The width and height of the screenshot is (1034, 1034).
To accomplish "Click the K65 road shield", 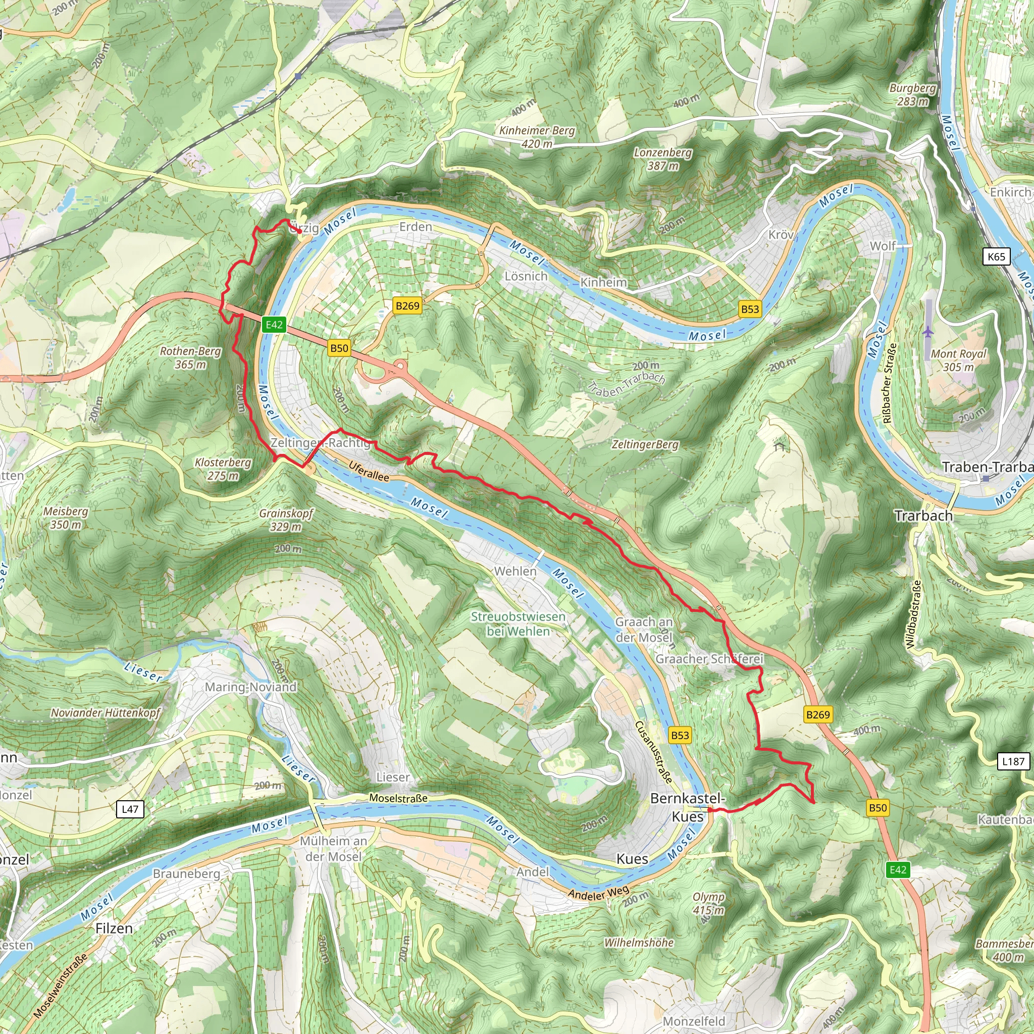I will [996, 256].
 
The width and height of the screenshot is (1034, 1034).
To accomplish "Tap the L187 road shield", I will [1013, 761].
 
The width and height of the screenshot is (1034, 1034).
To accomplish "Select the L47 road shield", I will [130, 809].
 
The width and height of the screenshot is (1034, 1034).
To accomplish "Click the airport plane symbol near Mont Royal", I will [928, 332].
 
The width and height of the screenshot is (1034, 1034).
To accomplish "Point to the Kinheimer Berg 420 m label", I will [537, 137].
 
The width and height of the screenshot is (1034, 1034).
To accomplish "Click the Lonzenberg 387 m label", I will [662, 159].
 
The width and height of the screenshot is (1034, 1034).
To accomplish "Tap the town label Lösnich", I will [526, 276].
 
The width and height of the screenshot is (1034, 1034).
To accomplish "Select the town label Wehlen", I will [515, 571].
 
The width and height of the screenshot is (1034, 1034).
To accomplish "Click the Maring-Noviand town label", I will [250, 687].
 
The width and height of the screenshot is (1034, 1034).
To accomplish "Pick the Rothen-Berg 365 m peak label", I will [190, 357].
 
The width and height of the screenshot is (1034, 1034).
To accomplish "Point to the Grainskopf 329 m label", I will [286, 520].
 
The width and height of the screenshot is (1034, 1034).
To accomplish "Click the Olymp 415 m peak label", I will [708, 903].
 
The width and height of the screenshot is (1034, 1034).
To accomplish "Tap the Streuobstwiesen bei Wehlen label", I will [518, 624].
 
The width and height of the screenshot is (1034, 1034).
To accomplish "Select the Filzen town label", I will [114, 928].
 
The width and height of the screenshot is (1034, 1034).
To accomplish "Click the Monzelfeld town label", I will [694, 1021].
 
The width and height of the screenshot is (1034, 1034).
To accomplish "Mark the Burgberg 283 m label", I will [912, 94].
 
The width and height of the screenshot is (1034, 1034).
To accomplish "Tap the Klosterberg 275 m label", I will [223, 469].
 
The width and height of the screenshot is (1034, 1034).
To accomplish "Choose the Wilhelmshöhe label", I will [639, 943].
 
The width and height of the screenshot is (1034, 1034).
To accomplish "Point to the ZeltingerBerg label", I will [645, 444].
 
